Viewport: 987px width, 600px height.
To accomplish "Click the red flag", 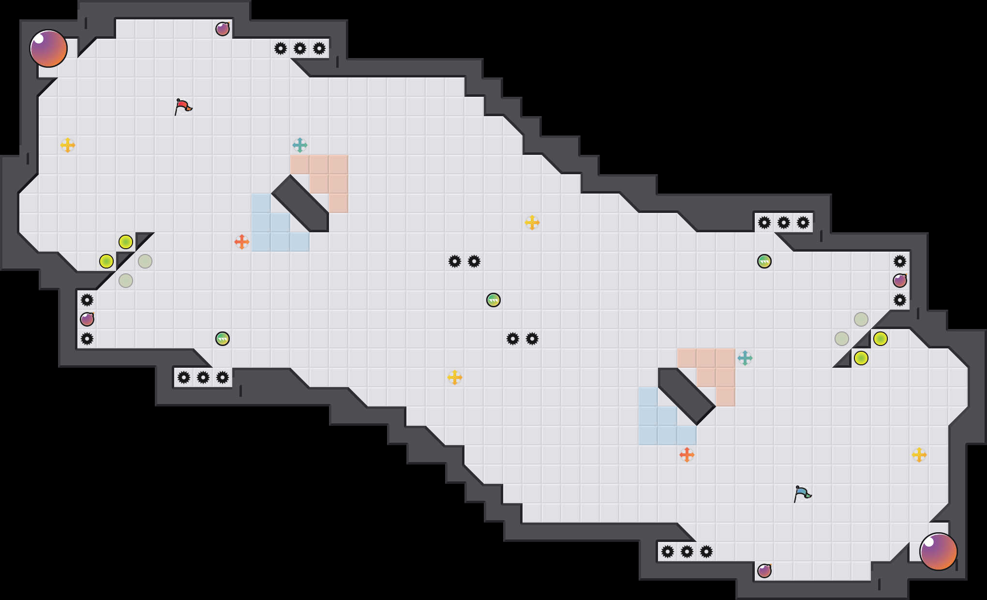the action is pos(183,106).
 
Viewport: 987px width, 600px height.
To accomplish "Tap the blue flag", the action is pos(802,494).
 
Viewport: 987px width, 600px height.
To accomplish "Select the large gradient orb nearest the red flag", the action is pos(48,48).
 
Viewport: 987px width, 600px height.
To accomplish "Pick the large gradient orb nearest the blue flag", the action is pos(939,552).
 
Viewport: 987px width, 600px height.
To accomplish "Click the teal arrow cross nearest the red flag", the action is pos(300,145).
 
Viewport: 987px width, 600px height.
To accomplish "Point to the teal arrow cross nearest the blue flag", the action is pos(745,358).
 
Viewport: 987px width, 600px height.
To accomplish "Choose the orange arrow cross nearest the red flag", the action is pos(242,242).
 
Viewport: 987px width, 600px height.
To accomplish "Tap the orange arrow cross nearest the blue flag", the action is pos(687,455).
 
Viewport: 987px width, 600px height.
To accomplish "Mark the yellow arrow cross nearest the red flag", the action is pos(68,145).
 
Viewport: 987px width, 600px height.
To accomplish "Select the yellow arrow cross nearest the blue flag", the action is pos(919,455).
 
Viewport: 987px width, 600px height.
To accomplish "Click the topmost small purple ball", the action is pos(223,29).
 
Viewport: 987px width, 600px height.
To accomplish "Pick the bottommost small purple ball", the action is pos(764,571).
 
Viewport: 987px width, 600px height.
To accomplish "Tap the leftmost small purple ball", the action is pos(87,319).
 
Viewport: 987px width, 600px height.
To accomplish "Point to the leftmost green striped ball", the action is pos(223,339).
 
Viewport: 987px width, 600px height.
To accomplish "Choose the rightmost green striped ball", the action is pos(764,261).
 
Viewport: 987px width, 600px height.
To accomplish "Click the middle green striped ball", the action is pos(493,300).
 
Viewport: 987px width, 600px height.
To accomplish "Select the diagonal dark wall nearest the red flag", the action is pos(300,203).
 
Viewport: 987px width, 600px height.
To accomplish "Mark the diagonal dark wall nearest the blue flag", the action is pos(687,396).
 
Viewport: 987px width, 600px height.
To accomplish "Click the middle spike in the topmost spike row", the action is pos(300,48).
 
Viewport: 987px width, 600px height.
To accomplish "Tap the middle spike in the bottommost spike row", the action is pos(687,552).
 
